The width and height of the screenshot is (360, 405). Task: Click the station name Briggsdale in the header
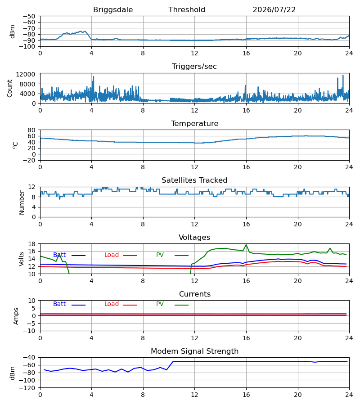(113, 10)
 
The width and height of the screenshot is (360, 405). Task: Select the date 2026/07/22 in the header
(274, 10)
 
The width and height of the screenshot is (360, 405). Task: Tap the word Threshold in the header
(187, 10)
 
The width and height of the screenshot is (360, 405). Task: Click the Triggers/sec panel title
(194, 67)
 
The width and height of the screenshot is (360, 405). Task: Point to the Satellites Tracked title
(194, 180)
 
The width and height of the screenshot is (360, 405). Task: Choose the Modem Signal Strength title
(194, 351)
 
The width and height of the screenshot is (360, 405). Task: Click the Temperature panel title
(194, 123)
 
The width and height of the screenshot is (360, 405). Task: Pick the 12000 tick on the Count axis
(26, 74)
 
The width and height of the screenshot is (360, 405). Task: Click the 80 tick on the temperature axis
(32, 130)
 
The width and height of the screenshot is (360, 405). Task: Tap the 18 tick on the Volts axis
(32, 244)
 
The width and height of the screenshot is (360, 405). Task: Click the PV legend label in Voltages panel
(160, 255)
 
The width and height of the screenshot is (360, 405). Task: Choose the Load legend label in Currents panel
(112, 304)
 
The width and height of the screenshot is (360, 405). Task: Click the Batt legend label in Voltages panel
(59, 255)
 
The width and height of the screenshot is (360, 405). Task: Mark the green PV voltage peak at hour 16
(246, 245)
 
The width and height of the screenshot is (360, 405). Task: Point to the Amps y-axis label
(16, 316)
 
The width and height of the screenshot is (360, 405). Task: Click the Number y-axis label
(22, 203)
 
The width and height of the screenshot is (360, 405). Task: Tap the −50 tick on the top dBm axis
(29, 16)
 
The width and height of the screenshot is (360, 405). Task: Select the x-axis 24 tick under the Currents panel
(349, 338)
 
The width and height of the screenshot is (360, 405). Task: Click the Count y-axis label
(10, 88)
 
